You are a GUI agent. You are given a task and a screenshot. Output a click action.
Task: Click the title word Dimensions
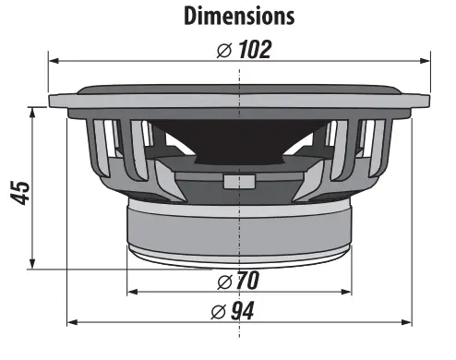click(239, 16)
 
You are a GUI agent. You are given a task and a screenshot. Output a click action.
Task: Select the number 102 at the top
click(254, 49)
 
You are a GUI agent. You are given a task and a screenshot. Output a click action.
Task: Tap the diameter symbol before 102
click(224, 50)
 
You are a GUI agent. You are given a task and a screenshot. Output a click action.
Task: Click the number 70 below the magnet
click(246, 280)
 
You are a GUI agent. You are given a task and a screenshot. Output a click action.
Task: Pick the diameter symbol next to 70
click(223, 280)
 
